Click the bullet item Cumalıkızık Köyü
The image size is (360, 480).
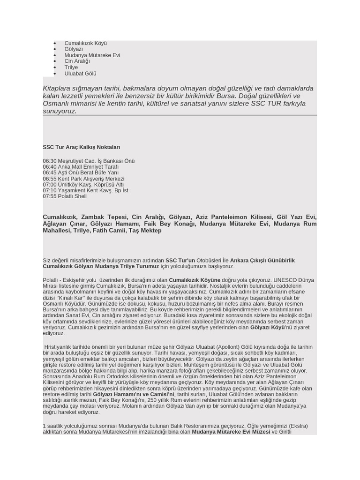pos(85,43)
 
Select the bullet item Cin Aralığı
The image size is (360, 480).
pos(77,61)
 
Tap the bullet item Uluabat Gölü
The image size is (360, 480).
pos(80,74)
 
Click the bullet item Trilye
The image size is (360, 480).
pos(71,67)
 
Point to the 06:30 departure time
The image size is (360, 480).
pos(49,161)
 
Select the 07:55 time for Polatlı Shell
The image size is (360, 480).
pos(49,196)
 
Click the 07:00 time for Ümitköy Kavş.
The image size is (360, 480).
pos(49,185)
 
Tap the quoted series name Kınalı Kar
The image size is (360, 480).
pos(73,298)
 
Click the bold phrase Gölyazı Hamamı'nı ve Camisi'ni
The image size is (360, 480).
pos(134,395)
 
